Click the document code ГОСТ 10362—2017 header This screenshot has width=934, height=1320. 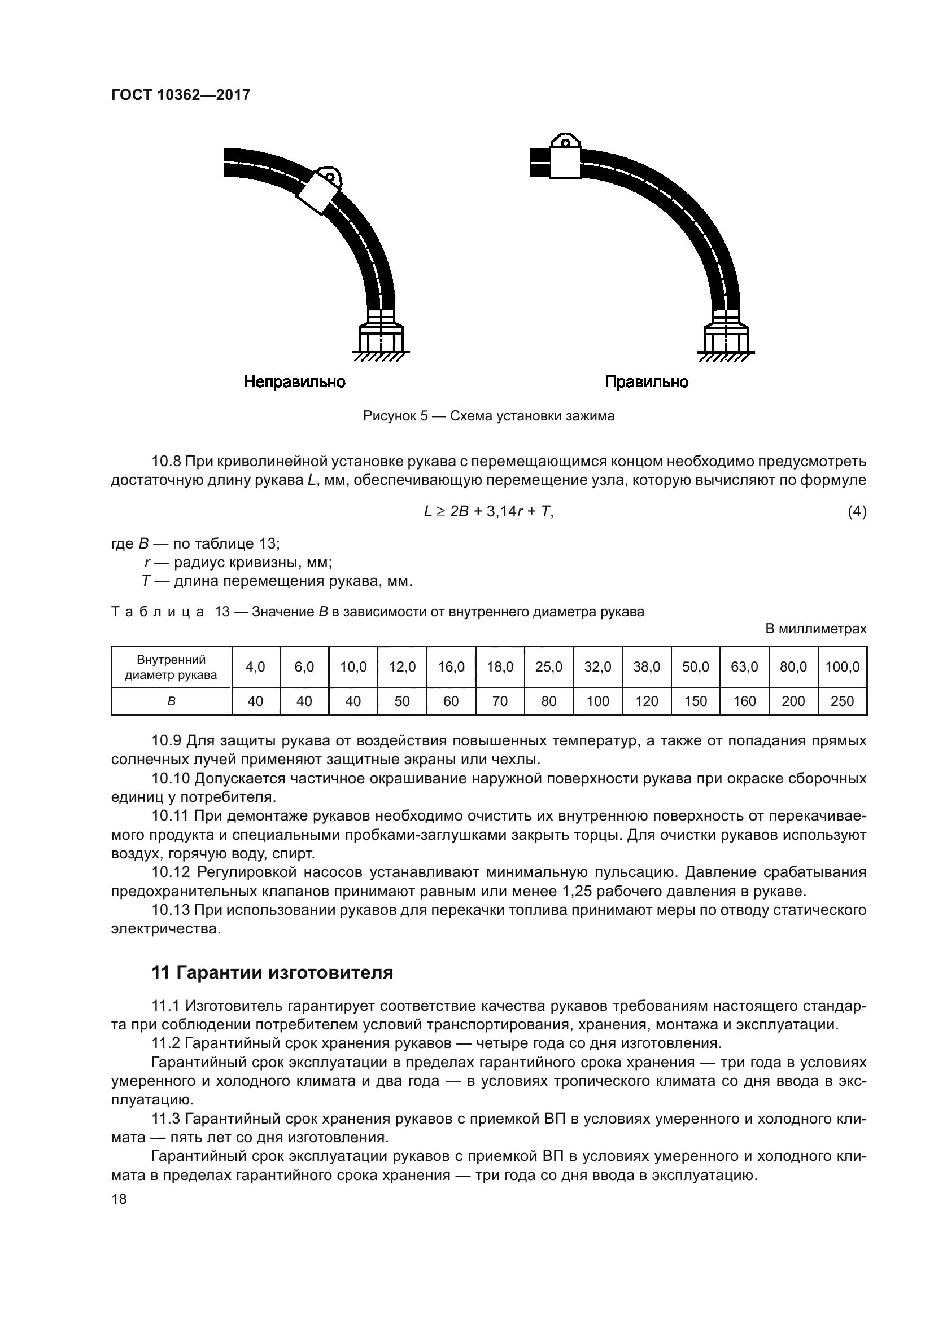tap(181, 95)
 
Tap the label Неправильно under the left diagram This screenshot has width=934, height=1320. tap(294, 381)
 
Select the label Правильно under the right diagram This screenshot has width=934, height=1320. tap(647, 381)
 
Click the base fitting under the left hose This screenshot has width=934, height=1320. tap(381, 339)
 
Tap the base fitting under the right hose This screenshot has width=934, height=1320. tap(726, 339)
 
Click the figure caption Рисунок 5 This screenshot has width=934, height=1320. tap(488, 416)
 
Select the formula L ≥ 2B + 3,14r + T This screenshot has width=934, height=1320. tap(488, 511)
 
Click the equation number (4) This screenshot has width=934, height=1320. tap(857, 511)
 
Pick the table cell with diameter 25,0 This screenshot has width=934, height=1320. tap(549, 667)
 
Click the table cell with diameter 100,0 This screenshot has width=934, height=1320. tap(842, 667)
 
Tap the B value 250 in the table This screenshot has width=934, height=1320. tap(842, 701)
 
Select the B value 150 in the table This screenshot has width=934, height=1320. tap(695, 701)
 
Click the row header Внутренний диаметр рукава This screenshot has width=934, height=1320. tap(171, 667)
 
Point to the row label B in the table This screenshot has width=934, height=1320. tap(171, 701)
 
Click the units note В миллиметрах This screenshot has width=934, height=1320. tap(815, 629)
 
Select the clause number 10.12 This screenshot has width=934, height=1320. tap(170, 872)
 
